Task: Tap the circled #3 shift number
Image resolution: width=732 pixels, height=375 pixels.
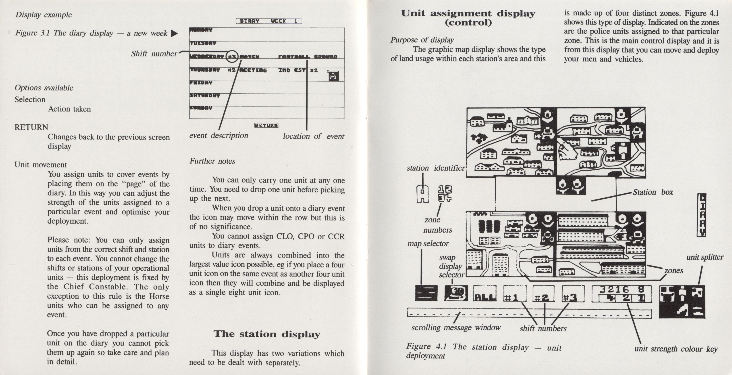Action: click(232, 57)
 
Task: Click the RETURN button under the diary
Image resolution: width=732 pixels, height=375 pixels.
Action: click(266, 125)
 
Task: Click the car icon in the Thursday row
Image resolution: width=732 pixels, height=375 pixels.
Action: click(333, 76)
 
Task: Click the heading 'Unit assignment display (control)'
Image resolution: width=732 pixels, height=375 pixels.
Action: click(468, 18)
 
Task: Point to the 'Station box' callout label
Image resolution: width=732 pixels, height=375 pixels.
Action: click(653, 192)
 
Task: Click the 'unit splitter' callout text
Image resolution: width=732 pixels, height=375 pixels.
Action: click(705, 257)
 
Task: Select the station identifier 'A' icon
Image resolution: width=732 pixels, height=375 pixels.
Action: click(422, 194)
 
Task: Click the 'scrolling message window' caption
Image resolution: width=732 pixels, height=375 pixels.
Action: click(456, 327)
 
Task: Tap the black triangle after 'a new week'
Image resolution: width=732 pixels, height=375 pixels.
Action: click(174, 34)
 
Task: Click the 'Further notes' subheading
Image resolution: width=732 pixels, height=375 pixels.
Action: click(212, 161)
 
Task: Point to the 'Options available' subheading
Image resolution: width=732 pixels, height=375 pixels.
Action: click(44, 88)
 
